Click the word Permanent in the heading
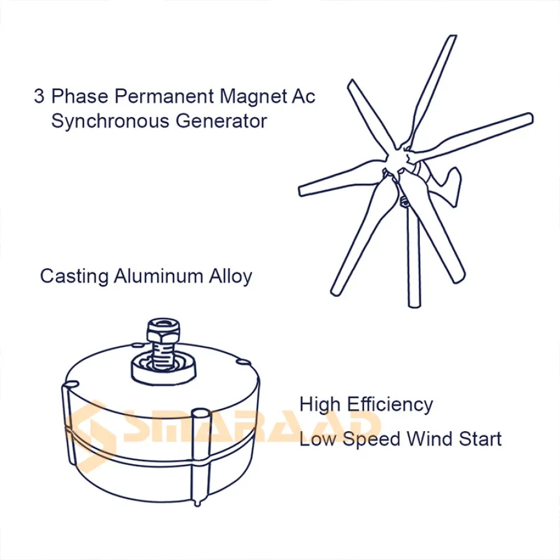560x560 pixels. click(x=164, y=96)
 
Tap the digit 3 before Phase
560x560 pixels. click(x=39, y=96)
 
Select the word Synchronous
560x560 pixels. click(x=110, y=121)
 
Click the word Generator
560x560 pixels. click(x=222, y=121)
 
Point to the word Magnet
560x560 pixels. click(x=253, y=96)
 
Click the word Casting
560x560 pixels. click(x=74, y=276)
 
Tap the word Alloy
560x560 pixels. click(x=231, y=276)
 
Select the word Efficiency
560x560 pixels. click(x=390, y=404)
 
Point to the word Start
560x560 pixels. click(x=480, y=439)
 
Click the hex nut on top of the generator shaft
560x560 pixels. click(x=163, y=331)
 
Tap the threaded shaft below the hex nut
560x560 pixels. click(x=164, y=355)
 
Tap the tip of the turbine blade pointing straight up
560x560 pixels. click(x=452, y=36)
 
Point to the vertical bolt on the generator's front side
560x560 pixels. click(x=199, y=457)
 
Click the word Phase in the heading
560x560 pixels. click(x=80, y=96)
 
